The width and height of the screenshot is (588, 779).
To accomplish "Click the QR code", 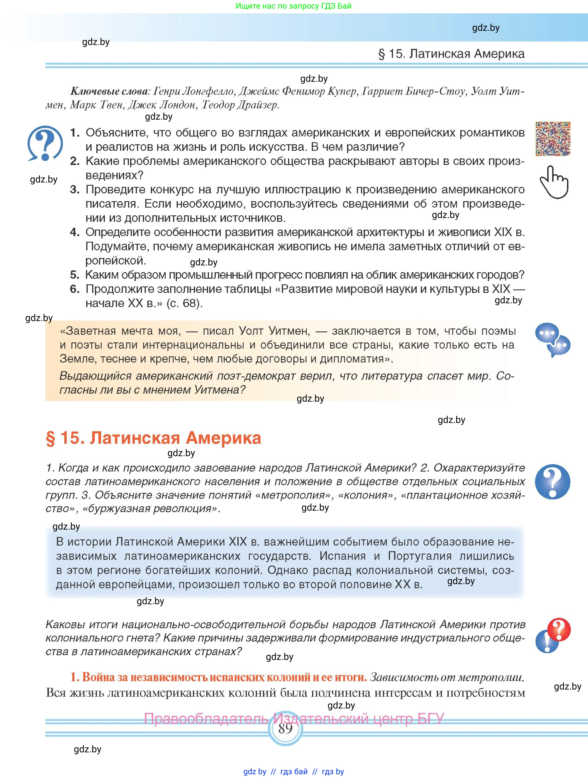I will [552, 139].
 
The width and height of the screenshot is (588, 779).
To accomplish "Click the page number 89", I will [285, 728].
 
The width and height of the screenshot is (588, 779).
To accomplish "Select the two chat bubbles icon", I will [552, 339].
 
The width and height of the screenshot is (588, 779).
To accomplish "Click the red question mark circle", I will [559, 629].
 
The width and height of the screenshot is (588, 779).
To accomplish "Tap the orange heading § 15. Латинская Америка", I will [154, 438].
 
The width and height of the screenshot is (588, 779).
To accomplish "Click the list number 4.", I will [74, 232].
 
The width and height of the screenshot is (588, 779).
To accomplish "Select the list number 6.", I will [74, 289].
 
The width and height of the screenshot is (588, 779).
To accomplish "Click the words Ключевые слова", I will [109, 92].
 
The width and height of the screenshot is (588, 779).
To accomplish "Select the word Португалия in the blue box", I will [420, 556].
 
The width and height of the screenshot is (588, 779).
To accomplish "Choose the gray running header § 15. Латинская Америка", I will [451, 54].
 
